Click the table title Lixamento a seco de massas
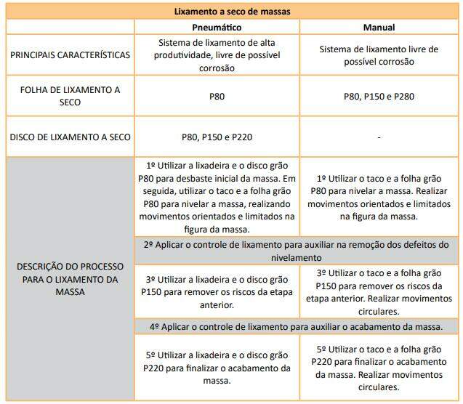tap(232, 11)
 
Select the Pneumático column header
tap(217, 27)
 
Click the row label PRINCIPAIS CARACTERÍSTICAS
tap(70, 55)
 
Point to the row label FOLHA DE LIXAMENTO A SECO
tap(70, 96)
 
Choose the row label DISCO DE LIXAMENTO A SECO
tap(70, 137)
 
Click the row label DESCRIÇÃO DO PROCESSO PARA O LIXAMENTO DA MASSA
tap(70, 279)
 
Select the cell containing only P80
tap(217, 96)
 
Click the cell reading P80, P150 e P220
tap(217, 137)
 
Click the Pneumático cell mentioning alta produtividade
tap(217, 55)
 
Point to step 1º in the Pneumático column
tap(217, 197)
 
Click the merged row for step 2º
tap(297, 251)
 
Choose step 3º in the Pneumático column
tap(217, 291)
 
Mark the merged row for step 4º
tap(297, 327)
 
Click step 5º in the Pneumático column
tap(217, 368)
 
